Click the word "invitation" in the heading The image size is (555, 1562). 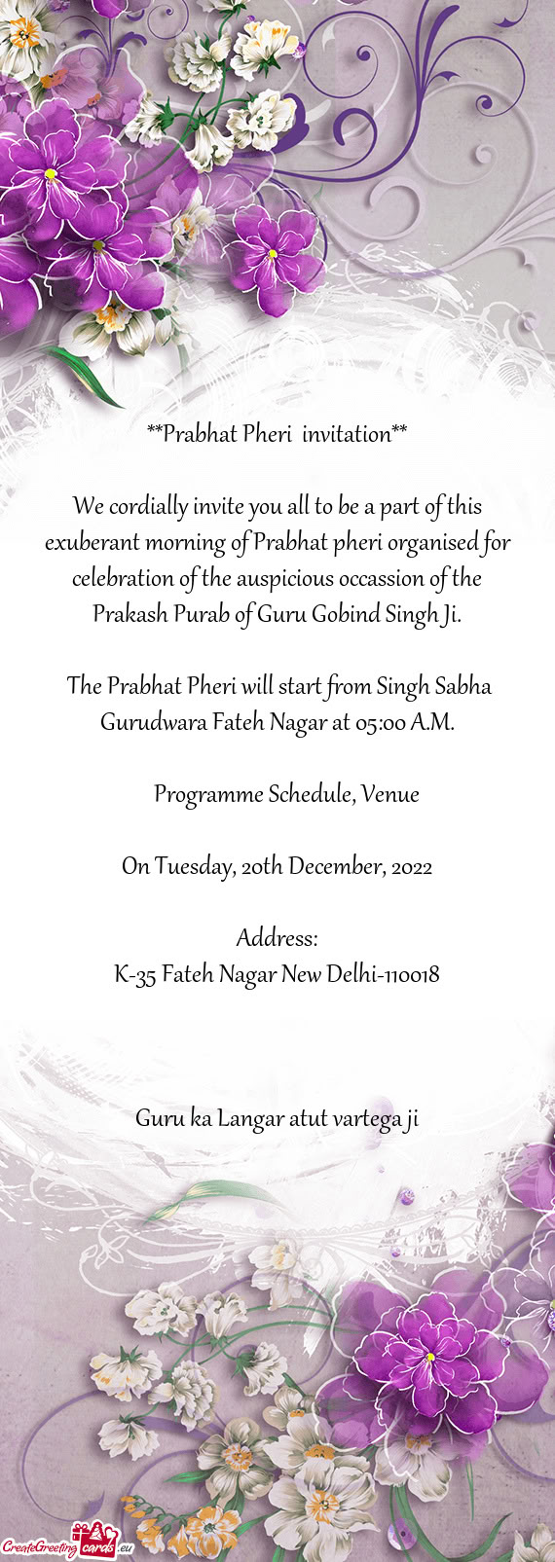coord(346,434)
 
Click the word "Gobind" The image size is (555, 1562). coord(345,614)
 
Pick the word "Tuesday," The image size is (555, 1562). coord(193,865)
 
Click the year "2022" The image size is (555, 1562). coord(410,865)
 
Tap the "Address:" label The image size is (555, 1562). coord(277,938)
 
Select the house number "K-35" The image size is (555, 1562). coord(134,974)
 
